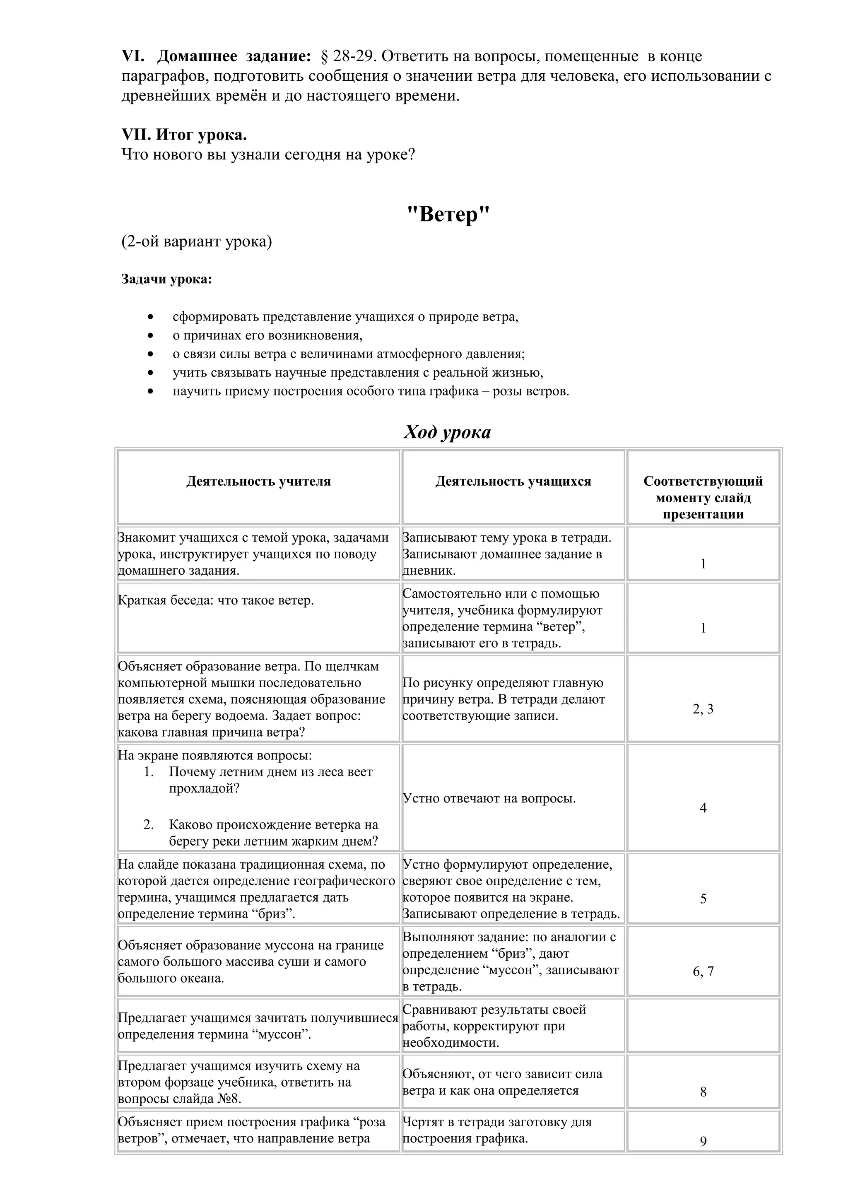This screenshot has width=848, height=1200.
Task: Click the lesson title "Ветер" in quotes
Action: point(448,215)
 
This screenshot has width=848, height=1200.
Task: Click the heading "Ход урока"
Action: point(447,432)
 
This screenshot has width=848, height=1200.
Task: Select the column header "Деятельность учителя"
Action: point(259,481)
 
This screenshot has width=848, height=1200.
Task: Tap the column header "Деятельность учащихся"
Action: point(513,481)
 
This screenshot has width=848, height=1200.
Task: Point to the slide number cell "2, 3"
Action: point(703,709)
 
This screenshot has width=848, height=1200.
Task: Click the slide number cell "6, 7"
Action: point(703,971)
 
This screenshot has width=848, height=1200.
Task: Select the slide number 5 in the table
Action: point(703,899)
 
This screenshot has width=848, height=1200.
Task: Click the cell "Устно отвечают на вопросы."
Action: point(489,799)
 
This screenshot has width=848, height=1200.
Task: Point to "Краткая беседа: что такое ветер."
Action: point(216,600)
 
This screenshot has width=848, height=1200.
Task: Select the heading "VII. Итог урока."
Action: point(184,135)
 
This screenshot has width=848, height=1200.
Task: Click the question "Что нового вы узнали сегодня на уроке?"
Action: point(268,155)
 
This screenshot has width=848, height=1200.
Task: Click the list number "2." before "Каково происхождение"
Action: point(148,825)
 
